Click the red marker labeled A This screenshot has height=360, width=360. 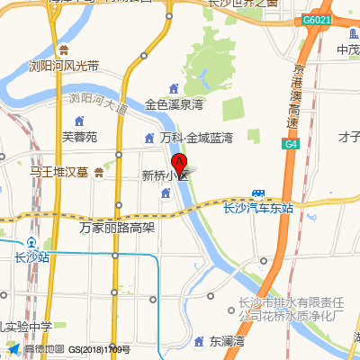pyautogui.click(x=180, y=164)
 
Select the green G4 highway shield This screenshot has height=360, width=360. pyautogui.click(x=292, y=143)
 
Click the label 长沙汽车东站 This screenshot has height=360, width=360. pyautogui.click(x=257, y=208)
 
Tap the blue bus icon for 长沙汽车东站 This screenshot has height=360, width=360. pyautogui.click(x=258, y=194)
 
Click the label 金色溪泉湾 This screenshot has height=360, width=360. pyautogui.click(x=175, y=104)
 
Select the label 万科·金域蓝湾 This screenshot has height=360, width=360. pyautogui.click(x=196, y=138)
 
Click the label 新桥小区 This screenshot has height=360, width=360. pyautogui.click(x=165, y=175)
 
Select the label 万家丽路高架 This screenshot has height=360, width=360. pyautogui.click(x=117, y=228)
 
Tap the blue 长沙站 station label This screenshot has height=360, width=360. pyautogui.click(x=32, y=257)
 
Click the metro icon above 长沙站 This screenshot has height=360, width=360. pyautogui.click(x=32, y=243)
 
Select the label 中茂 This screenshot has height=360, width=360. pyautogui.click(x=347, y=49)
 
